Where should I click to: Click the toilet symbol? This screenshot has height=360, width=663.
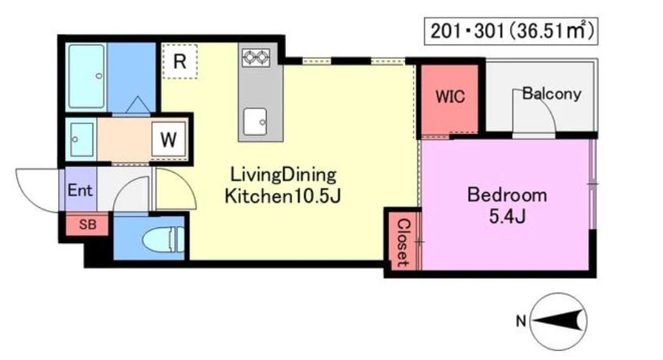[163, 240]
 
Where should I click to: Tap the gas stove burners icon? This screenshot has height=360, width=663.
[256, 57]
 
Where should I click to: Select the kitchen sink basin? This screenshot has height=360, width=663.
[255, 121]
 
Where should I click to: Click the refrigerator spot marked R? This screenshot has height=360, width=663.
[180, 62]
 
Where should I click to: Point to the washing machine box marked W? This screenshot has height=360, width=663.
[168, 139]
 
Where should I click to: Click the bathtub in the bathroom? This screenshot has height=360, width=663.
[87, 77]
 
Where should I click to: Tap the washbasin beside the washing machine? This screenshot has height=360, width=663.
[82, 140]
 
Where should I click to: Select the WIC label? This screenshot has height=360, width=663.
[450, 97]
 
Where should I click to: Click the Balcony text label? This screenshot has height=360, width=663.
[552, 93]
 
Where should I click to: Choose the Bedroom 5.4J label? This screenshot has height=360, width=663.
[507, 206]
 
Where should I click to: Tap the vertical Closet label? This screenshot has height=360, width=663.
[403, 243]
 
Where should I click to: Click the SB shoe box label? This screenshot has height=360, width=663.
[87, 224]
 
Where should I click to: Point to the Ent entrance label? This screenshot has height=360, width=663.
[80, 190]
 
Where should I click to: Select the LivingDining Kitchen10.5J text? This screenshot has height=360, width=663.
[282, 185]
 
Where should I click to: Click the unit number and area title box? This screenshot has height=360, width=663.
[511, 31]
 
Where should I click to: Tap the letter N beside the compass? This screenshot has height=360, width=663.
[521, 321]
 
